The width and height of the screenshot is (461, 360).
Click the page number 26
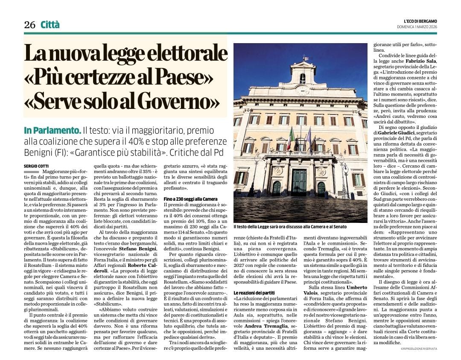(29, 25)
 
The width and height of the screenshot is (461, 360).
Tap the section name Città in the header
(50, 25)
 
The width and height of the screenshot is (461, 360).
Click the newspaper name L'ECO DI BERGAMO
(420, 21)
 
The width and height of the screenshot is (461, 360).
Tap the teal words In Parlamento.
(52, 130)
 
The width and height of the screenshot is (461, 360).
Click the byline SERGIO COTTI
(35, 165)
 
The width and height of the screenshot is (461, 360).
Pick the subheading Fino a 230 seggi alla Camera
(191, 199)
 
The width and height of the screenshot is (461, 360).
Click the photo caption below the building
(291, 227)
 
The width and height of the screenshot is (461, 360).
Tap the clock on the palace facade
(302, 90)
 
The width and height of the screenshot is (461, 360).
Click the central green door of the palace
(299, 182)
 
